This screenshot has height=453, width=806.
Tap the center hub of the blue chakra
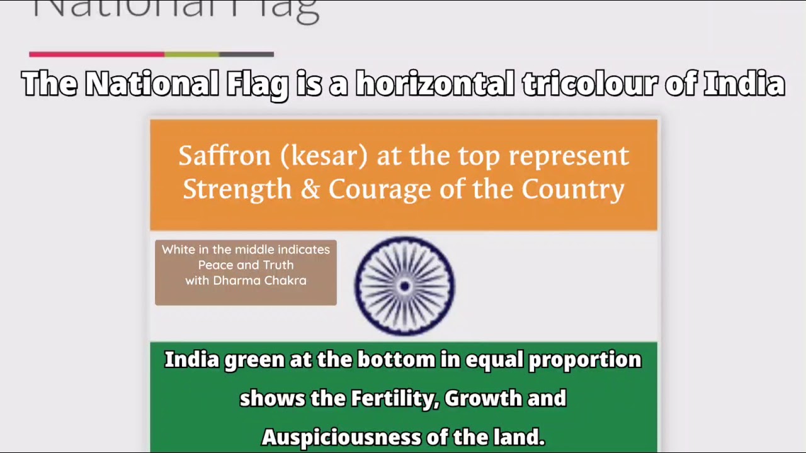point(404,286)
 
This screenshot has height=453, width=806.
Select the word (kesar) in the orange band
point(324,155)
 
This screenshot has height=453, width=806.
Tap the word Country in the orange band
point(572,189)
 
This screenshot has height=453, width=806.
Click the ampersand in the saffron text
point(310,189)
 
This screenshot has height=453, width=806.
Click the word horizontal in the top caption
point(435,84)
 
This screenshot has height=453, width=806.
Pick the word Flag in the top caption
point(258,85)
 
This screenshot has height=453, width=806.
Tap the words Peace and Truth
point(246,265)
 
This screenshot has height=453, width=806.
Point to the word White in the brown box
point(178,249)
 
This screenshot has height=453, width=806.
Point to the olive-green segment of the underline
point(192,54)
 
